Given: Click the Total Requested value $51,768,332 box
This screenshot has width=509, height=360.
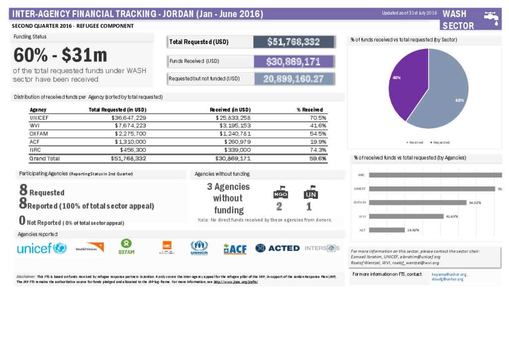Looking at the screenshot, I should pyautogui.click(x=293, y=42).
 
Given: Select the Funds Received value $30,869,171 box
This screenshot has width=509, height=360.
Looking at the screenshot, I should pyautogui.click(x=293, y=62).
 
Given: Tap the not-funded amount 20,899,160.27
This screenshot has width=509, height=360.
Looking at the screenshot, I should pyautogui.click(x=293, y=79).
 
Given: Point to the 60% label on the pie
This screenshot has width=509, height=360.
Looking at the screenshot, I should pyautogui.click(x=459, y=100).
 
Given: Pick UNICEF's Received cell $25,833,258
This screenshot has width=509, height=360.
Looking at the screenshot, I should pyautogui.click(x=233, y=118).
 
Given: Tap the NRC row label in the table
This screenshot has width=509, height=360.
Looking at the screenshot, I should pyautogui.click(x=35, y=150).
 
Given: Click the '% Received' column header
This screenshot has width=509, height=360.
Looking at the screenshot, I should pyautogui.click(x=309, y=109).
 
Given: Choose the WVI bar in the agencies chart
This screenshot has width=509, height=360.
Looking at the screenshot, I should pyautogui.click(x=407, y=216).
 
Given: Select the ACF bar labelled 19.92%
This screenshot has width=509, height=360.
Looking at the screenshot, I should pyautogui.click(x=387, y=230).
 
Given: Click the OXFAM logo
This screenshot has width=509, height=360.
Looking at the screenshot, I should pyautogui.click(x=126, y=247).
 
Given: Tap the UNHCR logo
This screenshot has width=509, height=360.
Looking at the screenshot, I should pyautogui.click(x=199, y=248).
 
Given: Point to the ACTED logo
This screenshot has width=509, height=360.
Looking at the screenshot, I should pyautogui.click(x=277, y=248).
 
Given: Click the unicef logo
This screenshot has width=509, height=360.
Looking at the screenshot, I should pyautogui.click(x=42, y=248).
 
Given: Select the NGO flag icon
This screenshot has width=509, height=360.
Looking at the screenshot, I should pyautogui.click(x=280, y=193).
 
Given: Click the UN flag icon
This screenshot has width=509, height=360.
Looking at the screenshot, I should pyautogui.click(x=311, y=193).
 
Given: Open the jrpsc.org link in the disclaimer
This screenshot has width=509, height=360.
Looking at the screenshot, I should pyautogui.click(x=236, y=282).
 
